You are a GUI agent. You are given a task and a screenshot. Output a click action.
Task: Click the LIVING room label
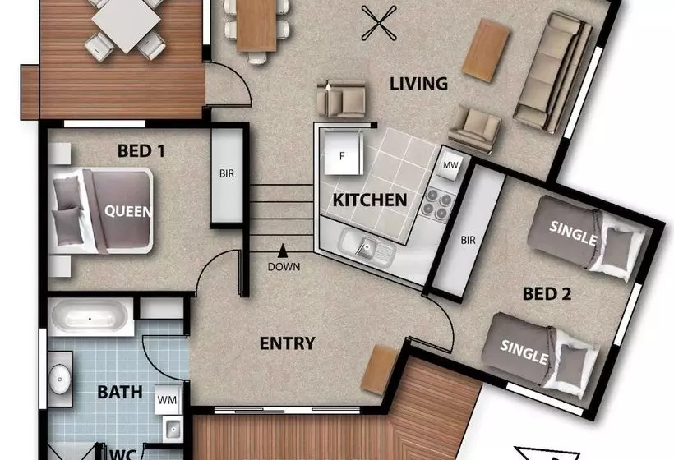(x=418, y=83)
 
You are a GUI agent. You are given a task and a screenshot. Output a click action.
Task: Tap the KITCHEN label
(x=370, y=200)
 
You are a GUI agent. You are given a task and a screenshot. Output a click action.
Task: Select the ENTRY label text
(x=287, y=343)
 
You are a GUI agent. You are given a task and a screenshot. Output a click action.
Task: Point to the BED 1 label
(x=141, y=151)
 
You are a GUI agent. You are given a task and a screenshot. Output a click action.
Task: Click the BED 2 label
(x=547, y=294)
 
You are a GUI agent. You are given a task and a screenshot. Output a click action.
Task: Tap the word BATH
(x=120, y=392)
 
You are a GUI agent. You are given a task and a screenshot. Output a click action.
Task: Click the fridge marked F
(x=342, y=154)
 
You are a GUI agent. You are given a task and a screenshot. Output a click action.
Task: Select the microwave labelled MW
(x=450, y=164)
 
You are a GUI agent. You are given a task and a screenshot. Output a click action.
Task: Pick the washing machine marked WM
(x=167, y=400)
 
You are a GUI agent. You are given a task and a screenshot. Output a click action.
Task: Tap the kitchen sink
(x=367, y=248)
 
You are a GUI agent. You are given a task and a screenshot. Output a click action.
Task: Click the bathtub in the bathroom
(x=90, y=318)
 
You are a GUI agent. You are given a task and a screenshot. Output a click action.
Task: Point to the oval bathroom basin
(x=59, y=379)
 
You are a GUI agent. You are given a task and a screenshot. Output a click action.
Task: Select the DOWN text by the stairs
(x=284, y=267)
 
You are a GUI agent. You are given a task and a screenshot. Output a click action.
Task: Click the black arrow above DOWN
(x=283, y=251)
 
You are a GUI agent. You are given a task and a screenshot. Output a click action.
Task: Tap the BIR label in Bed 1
(x=227, y=173)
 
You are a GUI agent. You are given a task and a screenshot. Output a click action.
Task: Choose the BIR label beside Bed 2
(x=469, y=240)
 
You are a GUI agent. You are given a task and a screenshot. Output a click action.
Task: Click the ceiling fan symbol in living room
(x=379, y=23)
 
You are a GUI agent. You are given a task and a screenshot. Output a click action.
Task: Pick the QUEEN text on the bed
(x=128, y=211)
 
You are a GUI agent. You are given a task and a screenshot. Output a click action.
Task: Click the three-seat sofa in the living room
(x=553, y=71)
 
